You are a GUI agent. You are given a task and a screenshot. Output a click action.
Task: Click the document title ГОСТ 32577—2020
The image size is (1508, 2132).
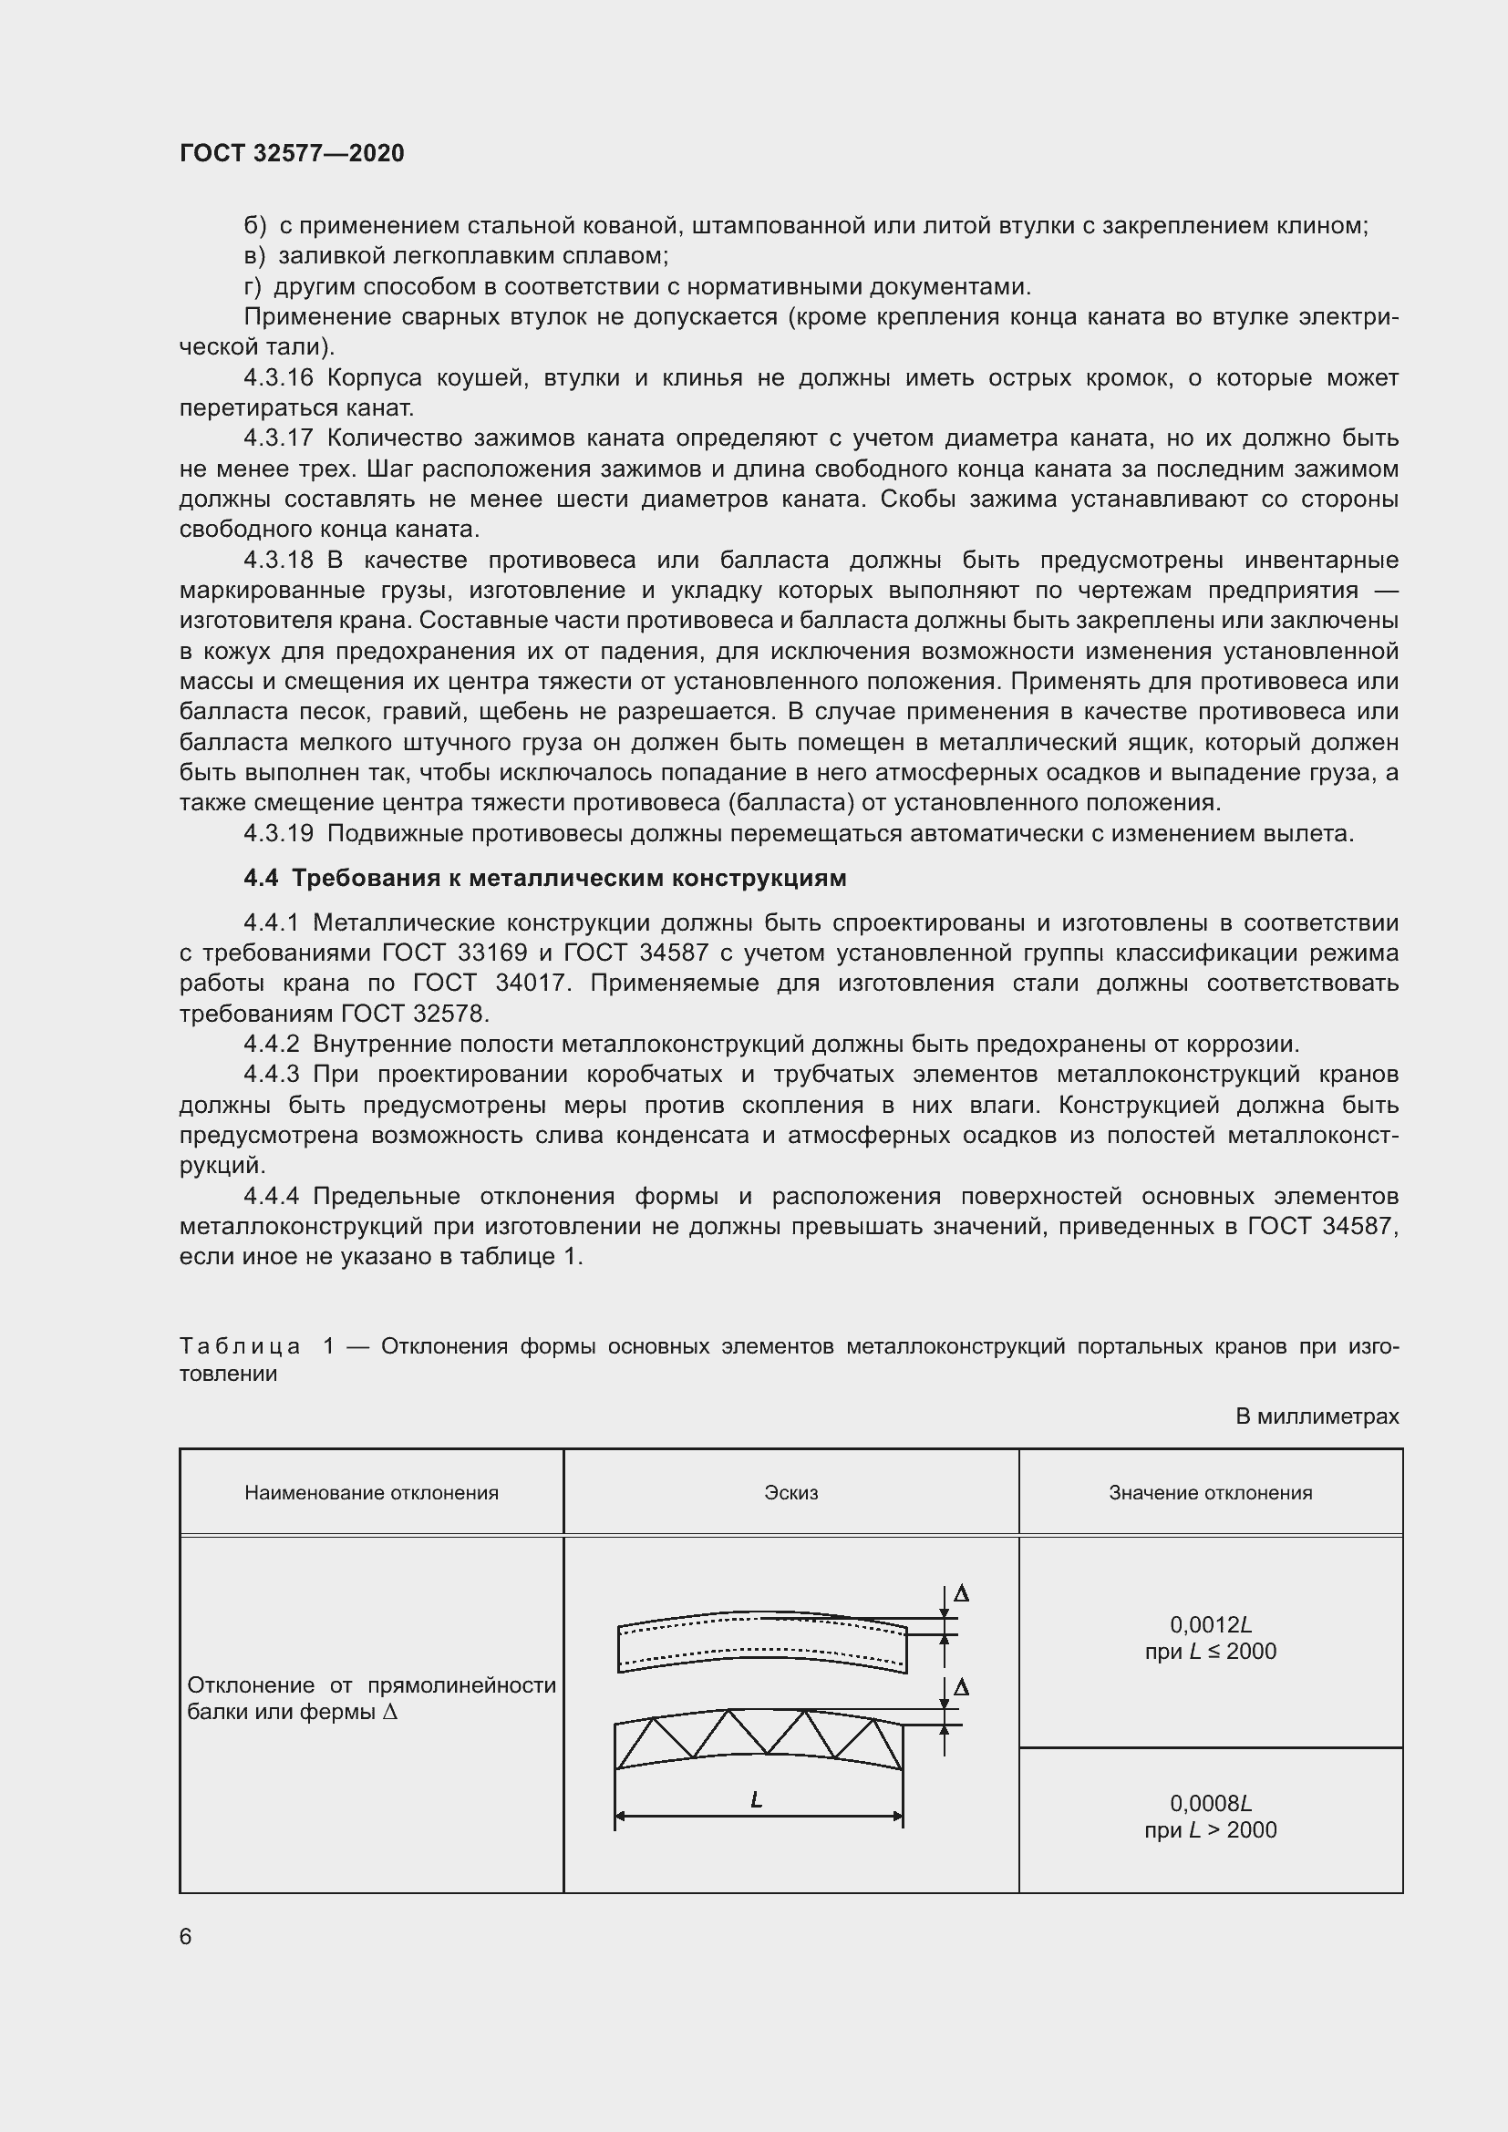[x=292, y=153]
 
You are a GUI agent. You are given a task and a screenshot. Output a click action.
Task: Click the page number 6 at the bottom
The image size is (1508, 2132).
[x=186, y=1936]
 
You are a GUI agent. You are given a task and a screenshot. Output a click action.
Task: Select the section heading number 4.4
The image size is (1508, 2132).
[x=260, y=879]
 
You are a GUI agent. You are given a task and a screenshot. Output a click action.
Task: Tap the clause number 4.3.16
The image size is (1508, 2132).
[x=279, y=378]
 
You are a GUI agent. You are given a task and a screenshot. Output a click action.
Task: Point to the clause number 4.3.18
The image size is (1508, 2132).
[x=279, y=560]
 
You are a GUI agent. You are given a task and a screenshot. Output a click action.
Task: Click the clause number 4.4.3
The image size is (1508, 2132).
[x=271, y=1075]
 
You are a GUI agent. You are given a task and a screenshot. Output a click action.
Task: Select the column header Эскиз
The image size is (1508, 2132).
[x=790, y=1492]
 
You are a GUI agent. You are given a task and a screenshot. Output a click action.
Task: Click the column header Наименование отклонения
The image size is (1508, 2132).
[x=371, y=1492]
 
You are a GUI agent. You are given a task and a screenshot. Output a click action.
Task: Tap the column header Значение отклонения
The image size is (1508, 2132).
[x=1210, y=1492]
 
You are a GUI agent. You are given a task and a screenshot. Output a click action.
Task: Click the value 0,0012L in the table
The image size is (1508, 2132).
[x=1210, y=1624]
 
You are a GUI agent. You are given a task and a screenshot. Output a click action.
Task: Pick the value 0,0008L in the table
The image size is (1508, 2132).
[x=1210, y=1803]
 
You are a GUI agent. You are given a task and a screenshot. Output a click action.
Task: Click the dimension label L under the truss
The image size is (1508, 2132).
[x=756, y=1800]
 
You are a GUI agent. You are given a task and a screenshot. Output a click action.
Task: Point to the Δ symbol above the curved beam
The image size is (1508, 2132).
[x=962, y=1593]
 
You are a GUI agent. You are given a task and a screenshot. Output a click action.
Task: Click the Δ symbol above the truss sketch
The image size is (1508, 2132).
[x=962, y=1686]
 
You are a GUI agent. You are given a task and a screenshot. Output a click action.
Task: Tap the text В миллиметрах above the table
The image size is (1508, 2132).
[x=1317, y=1416]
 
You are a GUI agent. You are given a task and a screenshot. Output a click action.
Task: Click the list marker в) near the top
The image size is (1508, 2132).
[x=254, y=255]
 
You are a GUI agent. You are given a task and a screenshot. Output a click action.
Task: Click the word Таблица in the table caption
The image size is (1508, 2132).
[x=240, y=1346]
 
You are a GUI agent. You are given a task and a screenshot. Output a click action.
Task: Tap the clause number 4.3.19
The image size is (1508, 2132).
[x=279, y=834]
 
